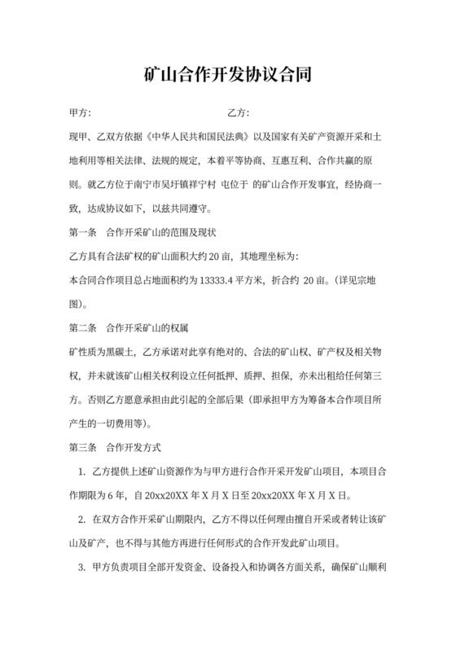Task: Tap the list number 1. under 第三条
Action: pyautogui.click(x=82, y=472)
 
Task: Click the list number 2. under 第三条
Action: pyautogui.click(x=82, y=519)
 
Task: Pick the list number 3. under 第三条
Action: pyautogui.click(x=82, y=567)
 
